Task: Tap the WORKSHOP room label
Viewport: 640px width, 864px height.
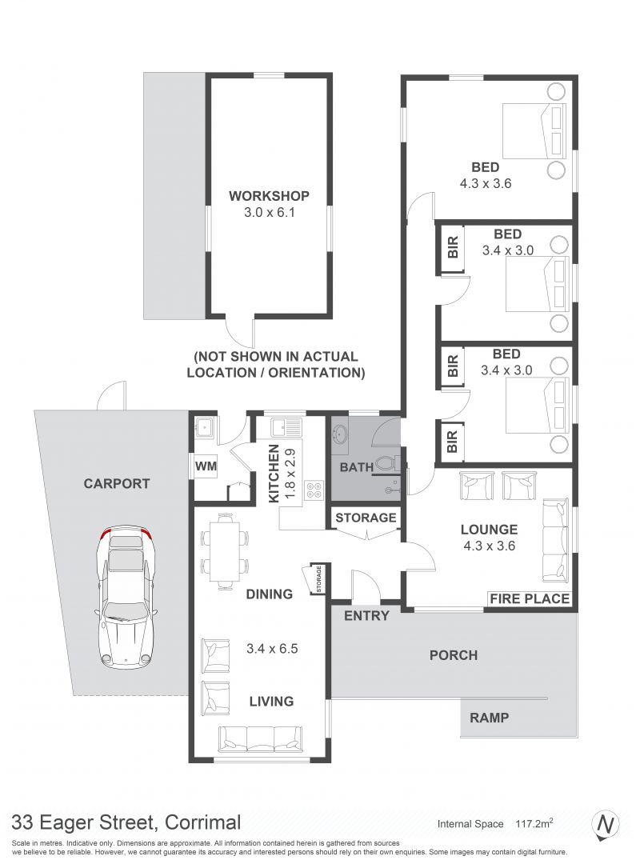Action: [269, 196]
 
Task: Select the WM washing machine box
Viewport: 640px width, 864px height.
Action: [206, 466]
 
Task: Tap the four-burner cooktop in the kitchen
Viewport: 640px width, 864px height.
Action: [314, 490]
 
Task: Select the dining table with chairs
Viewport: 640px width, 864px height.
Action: [224, 551]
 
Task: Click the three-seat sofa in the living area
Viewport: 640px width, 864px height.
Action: [260, 738]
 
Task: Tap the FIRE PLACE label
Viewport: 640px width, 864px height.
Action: [529, 598]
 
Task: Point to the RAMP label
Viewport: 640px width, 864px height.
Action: [489, 718]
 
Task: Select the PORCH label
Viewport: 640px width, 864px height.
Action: [453, 655]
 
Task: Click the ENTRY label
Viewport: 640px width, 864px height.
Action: [366, 615]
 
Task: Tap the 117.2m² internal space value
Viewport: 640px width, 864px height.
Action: [534, 823]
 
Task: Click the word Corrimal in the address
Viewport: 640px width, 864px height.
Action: [203, 822]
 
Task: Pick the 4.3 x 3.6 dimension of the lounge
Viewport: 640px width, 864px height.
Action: [489, 546]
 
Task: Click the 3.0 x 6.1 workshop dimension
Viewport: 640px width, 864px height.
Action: [270, 211]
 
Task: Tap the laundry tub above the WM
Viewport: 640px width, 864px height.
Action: [206, 428]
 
